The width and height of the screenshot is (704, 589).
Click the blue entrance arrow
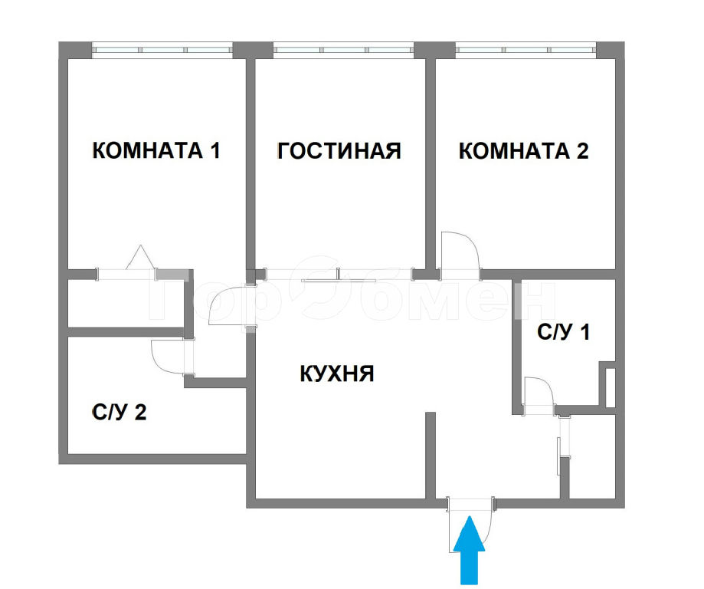(469, 549)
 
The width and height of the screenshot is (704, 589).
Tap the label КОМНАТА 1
(156, 150)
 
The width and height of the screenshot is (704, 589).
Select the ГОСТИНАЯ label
(339, 150)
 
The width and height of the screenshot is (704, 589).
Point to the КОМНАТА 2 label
(523, 150)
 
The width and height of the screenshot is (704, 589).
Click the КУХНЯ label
(337, 373)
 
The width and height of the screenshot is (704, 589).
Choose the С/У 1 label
(563, 332)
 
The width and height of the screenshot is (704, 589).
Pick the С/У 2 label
(120, 412)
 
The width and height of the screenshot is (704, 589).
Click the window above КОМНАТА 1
(162, 49)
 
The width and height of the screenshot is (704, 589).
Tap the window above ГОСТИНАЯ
(343, 49)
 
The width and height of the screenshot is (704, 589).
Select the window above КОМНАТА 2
(526, 49)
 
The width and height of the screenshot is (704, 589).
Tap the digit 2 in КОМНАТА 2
(582, 150)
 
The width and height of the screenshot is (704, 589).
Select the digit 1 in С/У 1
(584, 332)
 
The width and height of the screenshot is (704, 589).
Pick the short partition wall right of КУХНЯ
(430, 455)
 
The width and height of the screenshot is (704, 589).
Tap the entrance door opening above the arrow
(470, 504)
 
